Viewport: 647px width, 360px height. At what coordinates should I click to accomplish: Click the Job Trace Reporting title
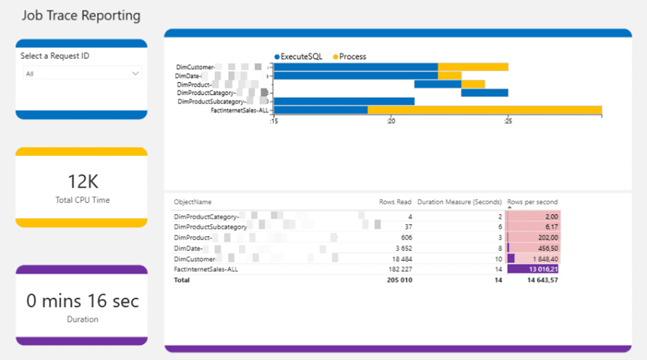tap(81, 15)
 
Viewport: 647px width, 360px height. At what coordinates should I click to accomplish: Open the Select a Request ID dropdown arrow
tap(135, 74)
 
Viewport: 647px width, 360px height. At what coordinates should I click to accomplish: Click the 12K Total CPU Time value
tap(82, 182)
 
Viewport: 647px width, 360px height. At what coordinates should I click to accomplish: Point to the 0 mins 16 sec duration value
tap(82, 301)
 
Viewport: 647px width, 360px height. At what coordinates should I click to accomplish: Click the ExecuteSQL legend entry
tap(298, 57)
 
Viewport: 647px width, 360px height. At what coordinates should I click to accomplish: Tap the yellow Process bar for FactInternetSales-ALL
tap(484, 110)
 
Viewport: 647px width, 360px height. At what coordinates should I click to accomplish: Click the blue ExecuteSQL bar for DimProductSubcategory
tap(344, 102)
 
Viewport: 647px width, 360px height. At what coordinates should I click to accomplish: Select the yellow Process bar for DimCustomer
tap(473, 66)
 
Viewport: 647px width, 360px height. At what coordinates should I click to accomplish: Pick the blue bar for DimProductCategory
tap(484, 93)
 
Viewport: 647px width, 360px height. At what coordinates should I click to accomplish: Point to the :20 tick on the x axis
tap(390, 122)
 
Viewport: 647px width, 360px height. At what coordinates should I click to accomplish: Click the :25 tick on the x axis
tap(508, 122)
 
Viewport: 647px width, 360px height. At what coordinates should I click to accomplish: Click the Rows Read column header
tap(395, 202)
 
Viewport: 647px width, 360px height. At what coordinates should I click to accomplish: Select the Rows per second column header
tap(532, 202)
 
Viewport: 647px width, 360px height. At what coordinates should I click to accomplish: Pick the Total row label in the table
tap(182, 280)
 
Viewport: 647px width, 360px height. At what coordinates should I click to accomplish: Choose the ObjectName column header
tap(193, 202)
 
